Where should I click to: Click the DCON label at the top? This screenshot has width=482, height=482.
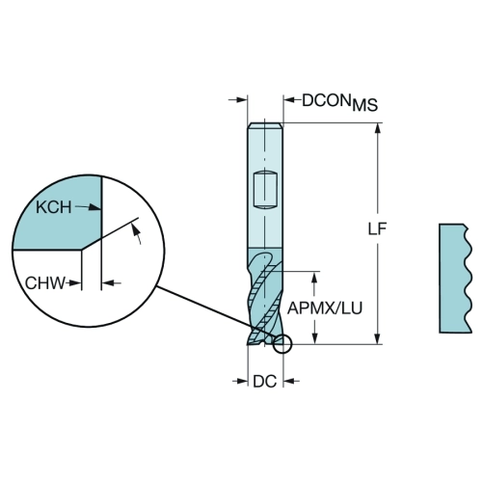(326, 100)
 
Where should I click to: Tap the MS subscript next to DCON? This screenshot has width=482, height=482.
(365, 105)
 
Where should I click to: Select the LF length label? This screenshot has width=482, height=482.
(377, 228)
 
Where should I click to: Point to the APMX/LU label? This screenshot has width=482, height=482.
(325, 308)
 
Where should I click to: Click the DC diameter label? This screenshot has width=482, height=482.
(265, 382)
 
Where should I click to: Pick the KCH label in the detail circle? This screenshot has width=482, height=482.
(54, 207)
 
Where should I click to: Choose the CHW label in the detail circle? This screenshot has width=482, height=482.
(45, 283)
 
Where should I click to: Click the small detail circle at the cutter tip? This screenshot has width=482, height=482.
(282, 344)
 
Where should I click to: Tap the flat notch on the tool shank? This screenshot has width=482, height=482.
(265, 191)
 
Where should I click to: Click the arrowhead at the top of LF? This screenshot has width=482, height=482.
(378, 128)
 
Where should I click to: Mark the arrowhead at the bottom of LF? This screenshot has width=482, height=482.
(378, 339)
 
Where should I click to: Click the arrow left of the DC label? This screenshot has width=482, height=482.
(240, 382)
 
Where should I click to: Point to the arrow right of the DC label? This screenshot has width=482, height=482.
(291, 382)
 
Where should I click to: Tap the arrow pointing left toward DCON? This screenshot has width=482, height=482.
(292, 100)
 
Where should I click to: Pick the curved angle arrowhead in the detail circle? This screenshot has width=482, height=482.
(136, 229)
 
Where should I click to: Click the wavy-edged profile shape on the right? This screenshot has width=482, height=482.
(456, 279)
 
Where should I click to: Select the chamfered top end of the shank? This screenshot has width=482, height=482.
(265, 125)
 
